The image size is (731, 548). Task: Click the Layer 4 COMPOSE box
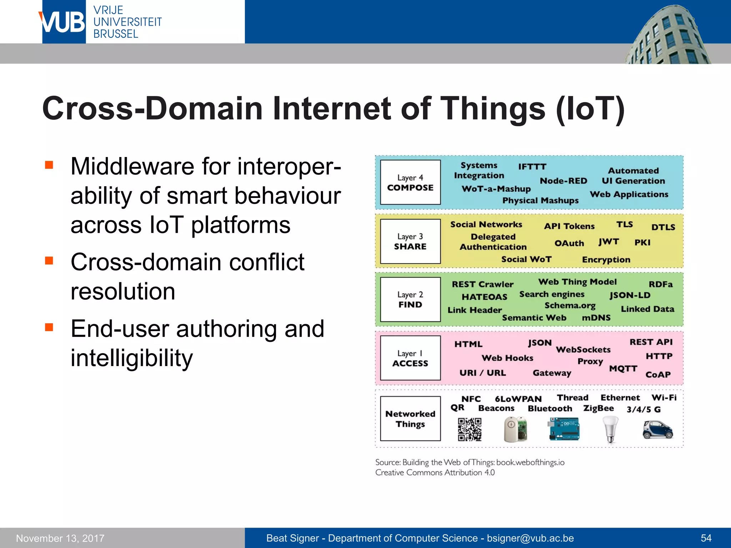point(410,182)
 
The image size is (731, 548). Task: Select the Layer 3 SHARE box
point(410,242)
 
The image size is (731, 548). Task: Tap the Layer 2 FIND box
point(410,300)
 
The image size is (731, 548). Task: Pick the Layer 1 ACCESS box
point(410,358)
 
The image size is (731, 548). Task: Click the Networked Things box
point(410,419)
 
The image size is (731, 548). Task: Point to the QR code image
point(469,430)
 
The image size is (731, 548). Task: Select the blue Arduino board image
point(564,429)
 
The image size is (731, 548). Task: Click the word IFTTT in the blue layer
point(532,167)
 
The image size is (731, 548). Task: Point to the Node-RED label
point(563,181)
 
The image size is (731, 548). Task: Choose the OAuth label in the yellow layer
point(569,243)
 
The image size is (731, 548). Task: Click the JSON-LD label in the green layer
point(630,295)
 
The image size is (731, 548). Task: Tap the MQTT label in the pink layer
point(623,369)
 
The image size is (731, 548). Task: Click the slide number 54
point(706,538)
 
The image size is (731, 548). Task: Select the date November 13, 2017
point(60,538)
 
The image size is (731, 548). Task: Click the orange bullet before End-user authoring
point(49,327)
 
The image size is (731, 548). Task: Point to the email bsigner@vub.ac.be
point(530,538)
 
